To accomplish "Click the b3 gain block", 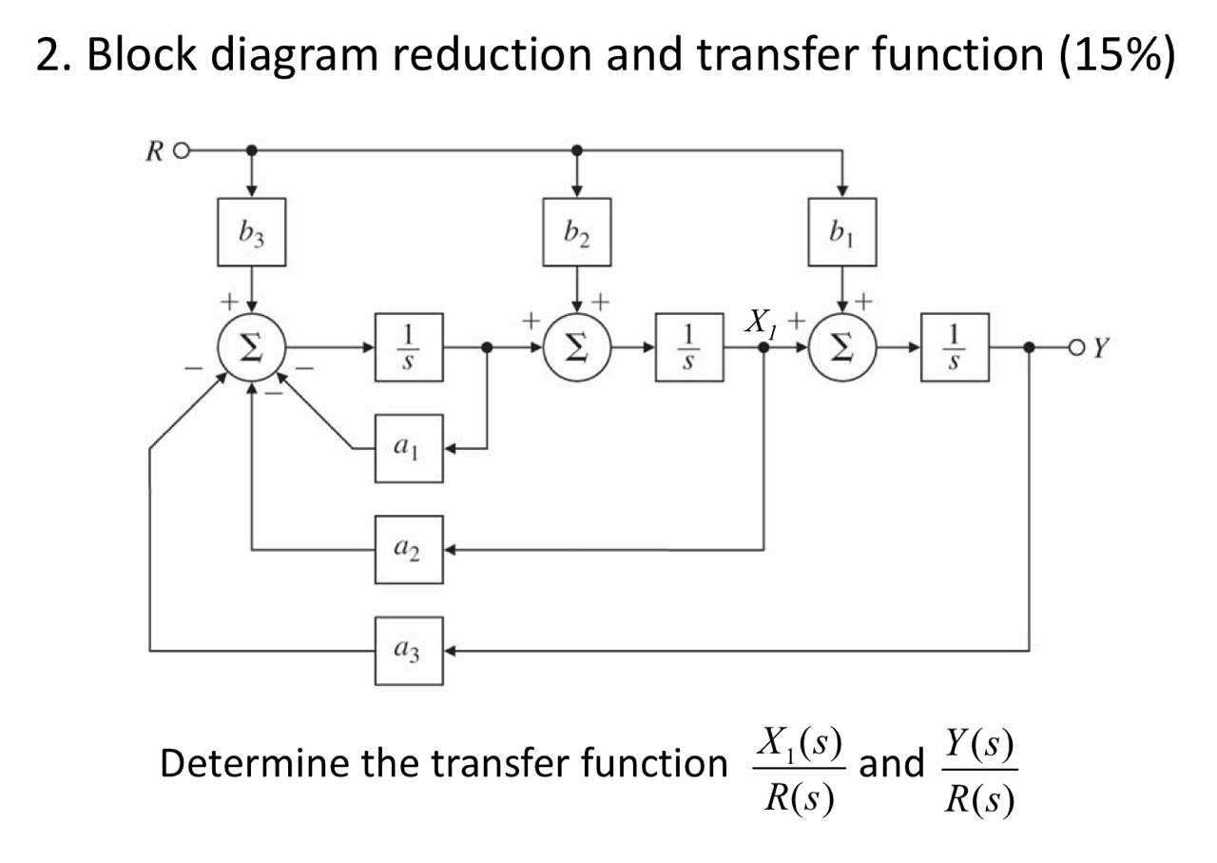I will pos(251,232).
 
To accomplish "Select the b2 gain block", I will pos(576,232).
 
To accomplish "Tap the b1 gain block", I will pos(842,232).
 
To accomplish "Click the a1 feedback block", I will pos(409,448).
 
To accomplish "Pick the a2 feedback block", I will pos(409,549).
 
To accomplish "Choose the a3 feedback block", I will pos(409,651).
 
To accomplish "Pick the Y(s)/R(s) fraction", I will pos(979,771).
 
